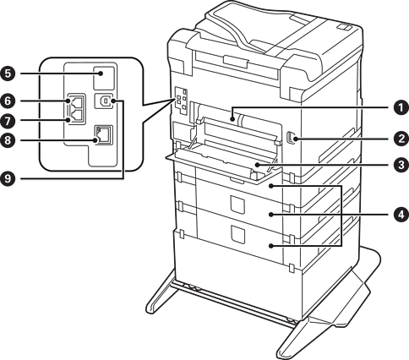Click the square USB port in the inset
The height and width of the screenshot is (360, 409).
pos(104,101)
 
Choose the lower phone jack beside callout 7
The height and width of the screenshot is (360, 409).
pos(77,116)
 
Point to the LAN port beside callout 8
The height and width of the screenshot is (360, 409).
pos(103,135)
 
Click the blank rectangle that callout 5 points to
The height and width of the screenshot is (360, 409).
pos(103,78)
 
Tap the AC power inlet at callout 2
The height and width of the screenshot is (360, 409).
pos(290,139)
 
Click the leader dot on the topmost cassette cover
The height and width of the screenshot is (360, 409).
pos(271,186)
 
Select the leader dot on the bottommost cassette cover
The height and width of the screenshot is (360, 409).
pos(271,246)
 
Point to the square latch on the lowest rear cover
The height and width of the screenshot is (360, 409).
pos(237,234)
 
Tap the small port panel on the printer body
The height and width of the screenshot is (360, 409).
pos(181,101)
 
